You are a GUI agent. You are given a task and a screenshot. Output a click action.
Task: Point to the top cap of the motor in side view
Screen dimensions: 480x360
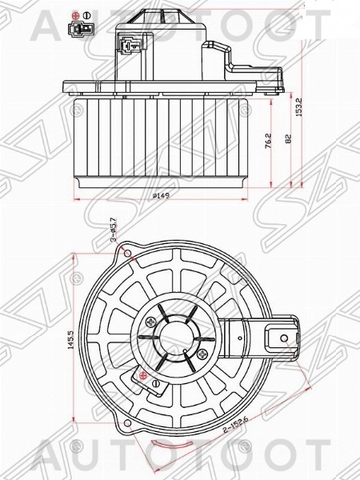click(164, 14)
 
